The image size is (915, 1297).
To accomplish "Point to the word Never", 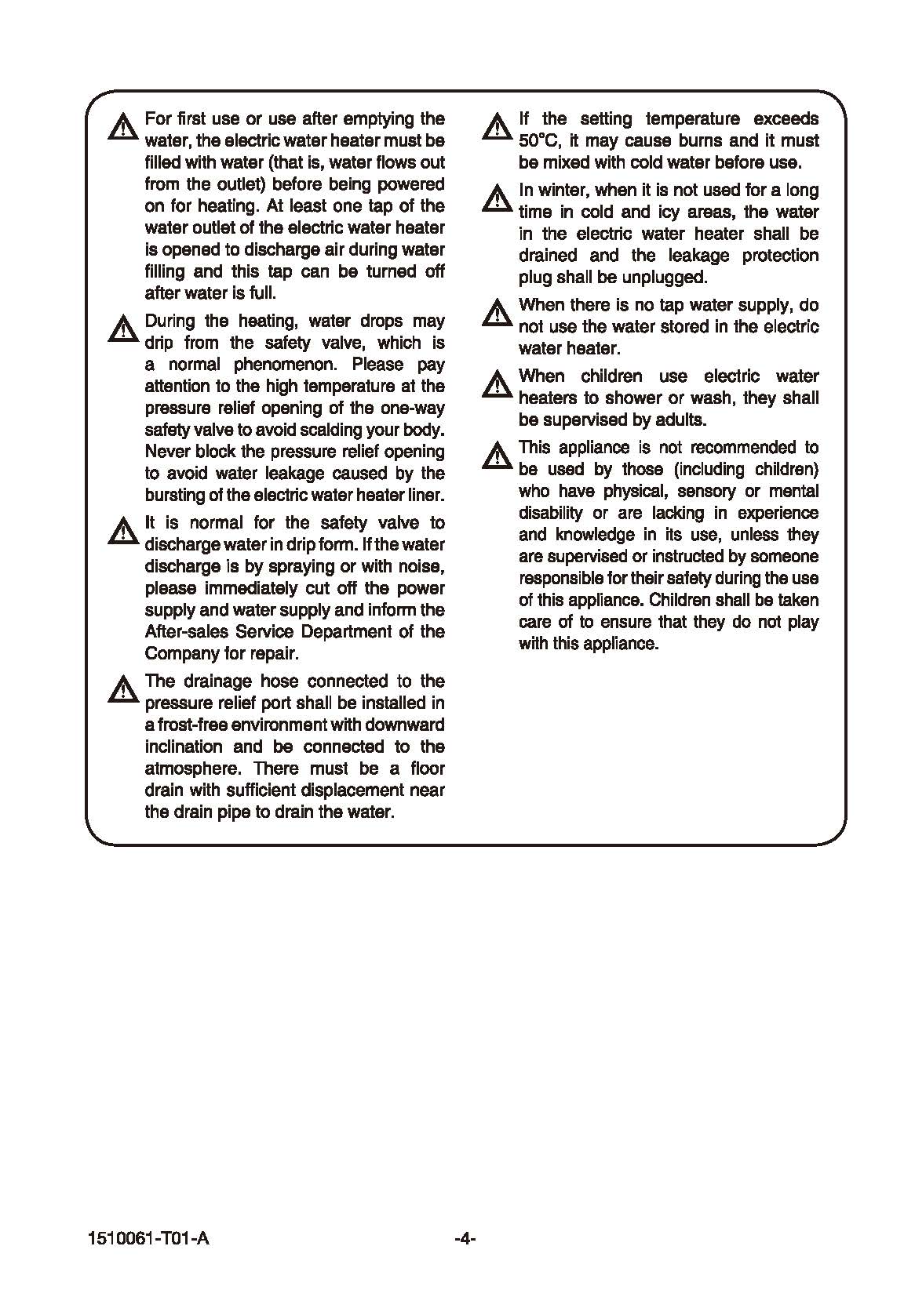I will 166,452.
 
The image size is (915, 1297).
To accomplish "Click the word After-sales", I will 186,632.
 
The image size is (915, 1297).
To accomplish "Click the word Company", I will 177,654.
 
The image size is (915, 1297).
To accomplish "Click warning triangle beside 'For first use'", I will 123,127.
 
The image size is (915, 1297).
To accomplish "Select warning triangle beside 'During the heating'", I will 123,329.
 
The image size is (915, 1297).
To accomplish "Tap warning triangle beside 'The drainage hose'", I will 123,689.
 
